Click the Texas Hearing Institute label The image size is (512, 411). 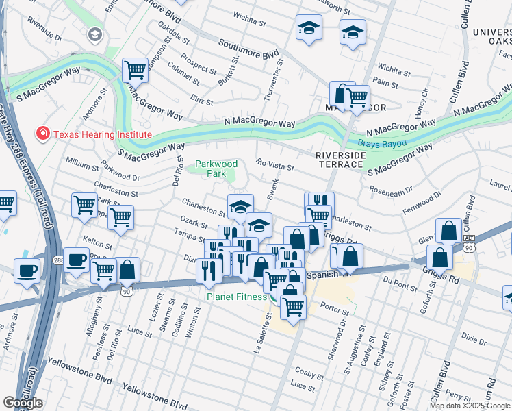(x=103, y=134)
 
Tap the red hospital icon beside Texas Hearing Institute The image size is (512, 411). (x=43, y=134)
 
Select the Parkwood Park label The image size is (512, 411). (x=216, y=169)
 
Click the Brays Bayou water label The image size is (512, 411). (x=382, y=144)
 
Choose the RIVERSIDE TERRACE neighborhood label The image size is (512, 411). (x=340, y=160)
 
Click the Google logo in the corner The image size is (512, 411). (x=23, y=403)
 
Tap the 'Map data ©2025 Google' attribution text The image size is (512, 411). (x=470, y=406)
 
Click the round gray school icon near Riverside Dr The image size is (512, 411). (x=94, y=34)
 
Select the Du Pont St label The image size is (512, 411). (x=395, y=280)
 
